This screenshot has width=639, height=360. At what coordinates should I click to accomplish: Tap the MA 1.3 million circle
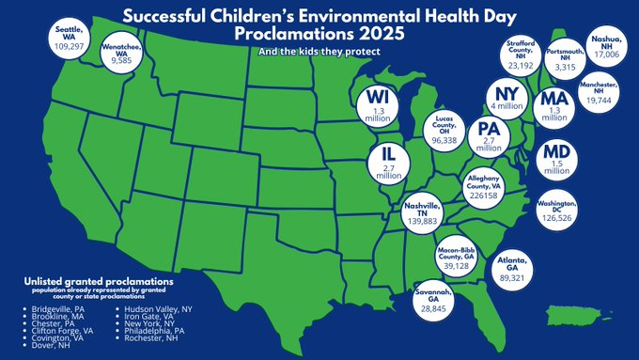(554, 105)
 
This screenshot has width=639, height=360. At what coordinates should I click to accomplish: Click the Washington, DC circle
(562, 212)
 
